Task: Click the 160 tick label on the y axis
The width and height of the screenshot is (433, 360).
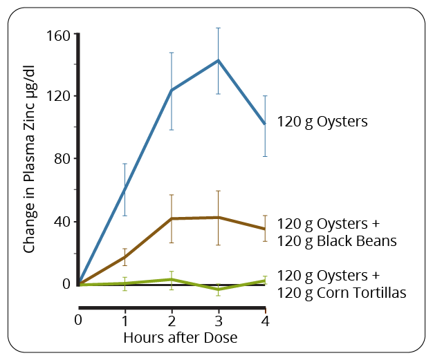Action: pyautogui.click(x=58, y=35)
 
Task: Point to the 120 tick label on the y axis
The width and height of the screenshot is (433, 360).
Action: pyautogui.click(x=58, y=96)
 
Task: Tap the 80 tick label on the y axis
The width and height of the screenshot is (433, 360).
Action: pyautogui.click(x=62, y=159)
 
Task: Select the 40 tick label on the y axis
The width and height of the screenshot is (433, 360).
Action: pyautogui.click(x=62, y=222)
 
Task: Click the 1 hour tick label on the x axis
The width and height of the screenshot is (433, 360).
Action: pyautogui.click(x=125, y=321)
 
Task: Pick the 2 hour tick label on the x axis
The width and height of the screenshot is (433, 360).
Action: pyautogui.click(x=172, y=321)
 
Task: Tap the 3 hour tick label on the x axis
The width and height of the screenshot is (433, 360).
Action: pyautogui.click(x=218, y=321)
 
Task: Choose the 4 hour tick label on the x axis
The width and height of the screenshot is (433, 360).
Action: pyautogui.click(x=265, y=321)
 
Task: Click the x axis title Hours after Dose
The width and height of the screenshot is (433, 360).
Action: pyautogui.click(x=180, y=338)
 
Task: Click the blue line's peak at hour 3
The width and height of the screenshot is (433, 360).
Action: pyautogui.click(x=218, y=60)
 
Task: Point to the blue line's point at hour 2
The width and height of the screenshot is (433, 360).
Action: pyautogui.click(x=172, y=90)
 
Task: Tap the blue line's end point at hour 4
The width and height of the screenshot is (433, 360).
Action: pyautogui.click(x=265, y=124)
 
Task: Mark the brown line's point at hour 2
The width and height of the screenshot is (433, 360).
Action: pyautogui.click(x=172, y=218)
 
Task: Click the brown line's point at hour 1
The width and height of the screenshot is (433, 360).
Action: pyautogui.click(x=125, y=257)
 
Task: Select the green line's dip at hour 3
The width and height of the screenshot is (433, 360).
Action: pyautogui.click(x=218, y=289)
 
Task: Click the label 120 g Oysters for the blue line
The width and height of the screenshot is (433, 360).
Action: pyautogui.click(x=322, y=122)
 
